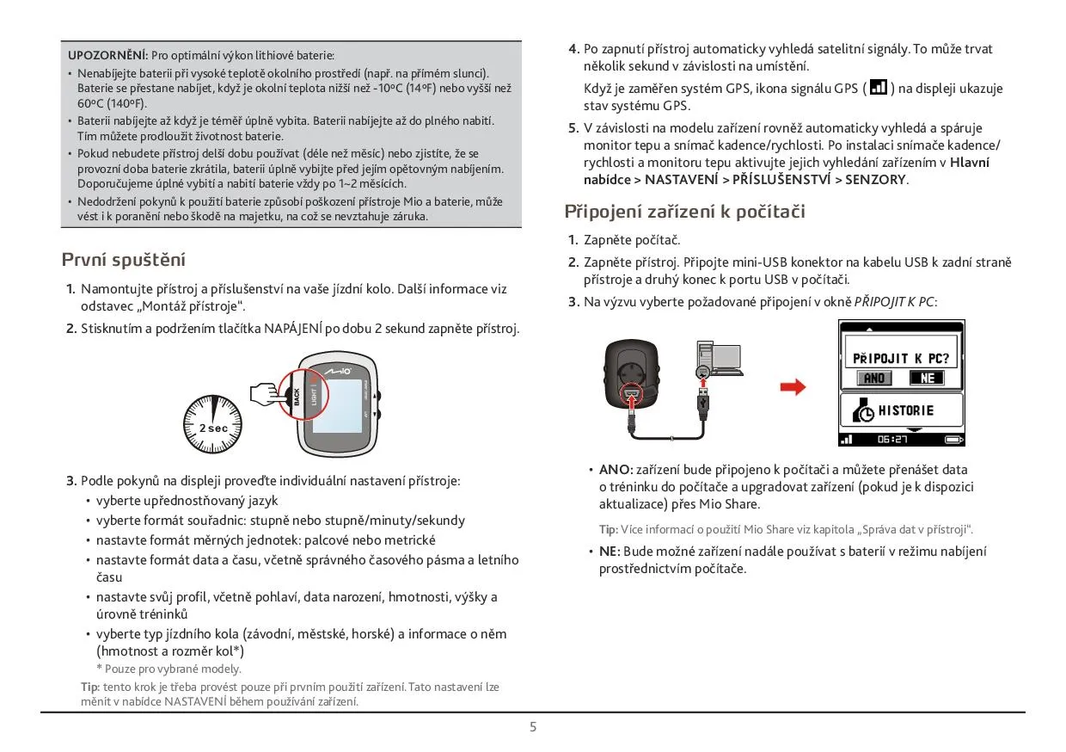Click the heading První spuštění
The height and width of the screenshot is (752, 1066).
click(124, 260)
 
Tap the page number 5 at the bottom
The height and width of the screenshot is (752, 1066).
click(533, 727)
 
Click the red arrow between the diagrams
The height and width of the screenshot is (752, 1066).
click(793, 387)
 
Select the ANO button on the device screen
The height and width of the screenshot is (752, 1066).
click(874, 378)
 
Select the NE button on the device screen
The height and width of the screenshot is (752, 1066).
click(926, 378)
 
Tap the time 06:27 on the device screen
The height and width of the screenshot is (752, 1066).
click(893, 440)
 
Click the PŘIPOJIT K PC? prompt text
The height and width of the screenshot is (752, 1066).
click(901, 358)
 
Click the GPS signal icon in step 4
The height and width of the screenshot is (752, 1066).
click(879, 88)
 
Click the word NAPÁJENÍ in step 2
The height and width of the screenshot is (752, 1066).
click(294, 329)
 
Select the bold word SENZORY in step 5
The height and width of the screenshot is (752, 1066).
click(875, 180)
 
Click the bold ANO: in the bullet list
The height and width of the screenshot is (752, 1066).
click(616, 470)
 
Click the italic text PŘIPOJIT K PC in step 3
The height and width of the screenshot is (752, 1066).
click(893, 302)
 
